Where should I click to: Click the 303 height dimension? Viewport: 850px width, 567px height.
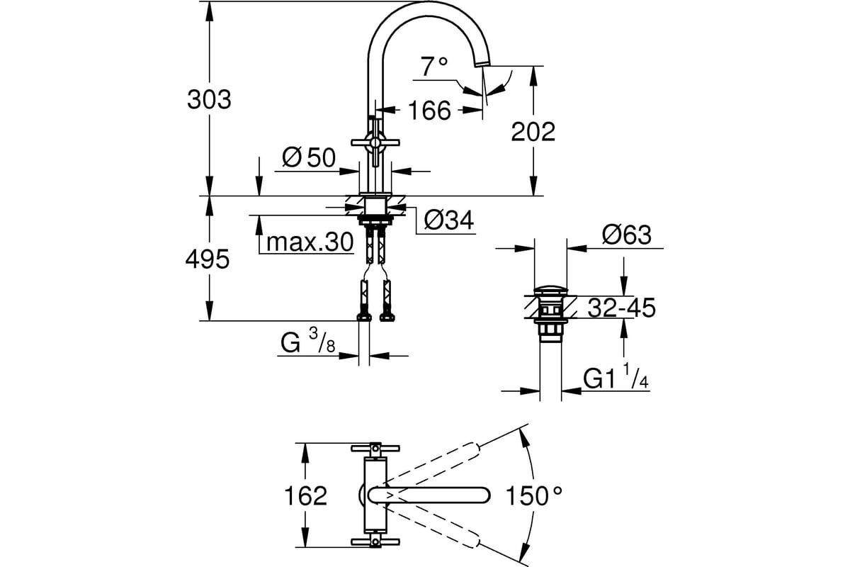coord(209,100)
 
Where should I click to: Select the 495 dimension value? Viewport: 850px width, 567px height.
coord(208,259)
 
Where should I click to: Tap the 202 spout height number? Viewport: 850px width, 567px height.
coord(533,132)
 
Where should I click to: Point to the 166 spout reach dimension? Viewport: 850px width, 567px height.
coord(429,111)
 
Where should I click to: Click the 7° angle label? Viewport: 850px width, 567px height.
coord(434,67)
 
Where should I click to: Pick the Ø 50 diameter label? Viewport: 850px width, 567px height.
coord(309,157)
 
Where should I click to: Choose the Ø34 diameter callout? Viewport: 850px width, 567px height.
coord(449,220)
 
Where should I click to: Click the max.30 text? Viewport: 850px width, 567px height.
coord(310,242)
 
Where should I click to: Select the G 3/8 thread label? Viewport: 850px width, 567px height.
coord(307,342)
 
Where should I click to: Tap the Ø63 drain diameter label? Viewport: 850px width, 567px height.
coord(626,235)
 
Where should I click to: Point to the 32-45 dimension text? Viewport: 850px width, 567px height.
coord(622,308)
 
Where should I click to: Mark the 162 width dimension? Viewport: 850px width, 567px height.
coord(305,495)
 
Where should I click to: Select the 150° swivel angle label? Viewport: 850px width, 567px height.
coord(534,495)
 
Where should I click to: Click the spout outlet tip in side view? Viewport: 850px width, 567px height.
coord(482,64)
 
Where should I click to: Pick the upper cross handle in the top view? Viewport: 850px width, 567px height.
coord(375,449)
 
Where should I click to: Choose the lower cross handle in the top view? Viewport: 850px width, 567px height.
coord(375,542)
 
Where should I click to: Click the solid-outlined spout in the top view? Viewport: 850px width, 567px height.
coord(429,495)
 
